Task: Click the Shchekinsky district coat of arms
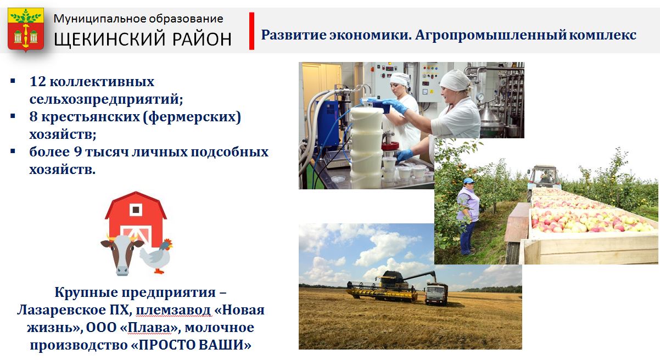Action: tap(26, 30)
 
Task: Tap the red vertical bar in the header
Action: tap(251, 31)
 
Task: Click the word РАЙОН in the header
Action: tap(202, 39)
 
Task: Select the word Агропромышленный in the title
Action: tap(491, 35)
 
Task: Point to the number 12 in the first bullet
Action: tap(38, 82)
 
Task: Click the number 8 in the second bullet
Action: tap(33, 117)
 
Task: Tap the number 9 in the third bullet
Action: tap(77, 152)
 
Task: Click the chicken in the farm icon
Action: tap(156, 256)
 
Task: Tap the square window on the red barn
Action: tap(136, 210)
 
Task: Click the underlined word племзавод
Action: tap(174, 310)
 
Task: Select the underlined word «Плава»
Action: tap(149, 328)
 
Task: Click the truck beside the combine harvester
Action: tap(437, 293)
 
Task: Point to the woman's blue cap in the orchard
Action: tap(468, 181)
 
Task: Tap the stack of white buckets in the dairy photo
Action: tap(366, 147)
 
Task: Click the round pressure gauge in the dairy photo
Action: tap(480, 97)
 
